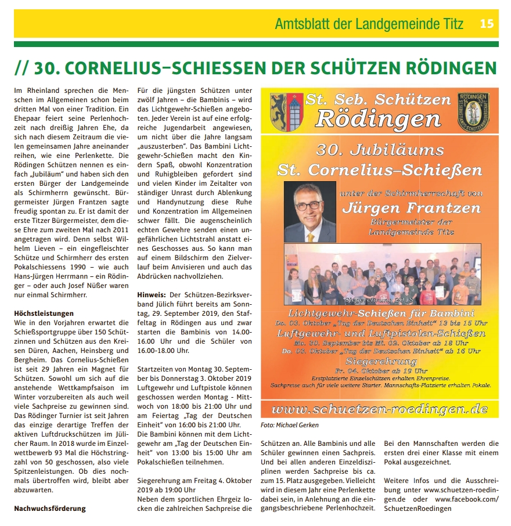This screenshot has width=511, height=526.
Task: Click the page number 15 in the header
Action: [487, 24]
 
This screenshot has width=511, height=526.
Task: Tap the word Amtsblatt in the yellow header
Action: [300, 24]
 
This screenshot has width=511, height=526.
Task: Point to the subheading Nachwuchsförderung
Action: [49, 508]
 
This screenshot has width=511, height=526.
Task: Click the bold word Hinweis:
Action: [151, 295]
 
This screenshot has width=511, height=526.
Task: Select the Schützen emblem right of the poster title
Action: [473, 109]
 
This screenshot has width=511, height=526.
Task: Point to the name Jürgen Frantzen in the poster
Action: [411, 207]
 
